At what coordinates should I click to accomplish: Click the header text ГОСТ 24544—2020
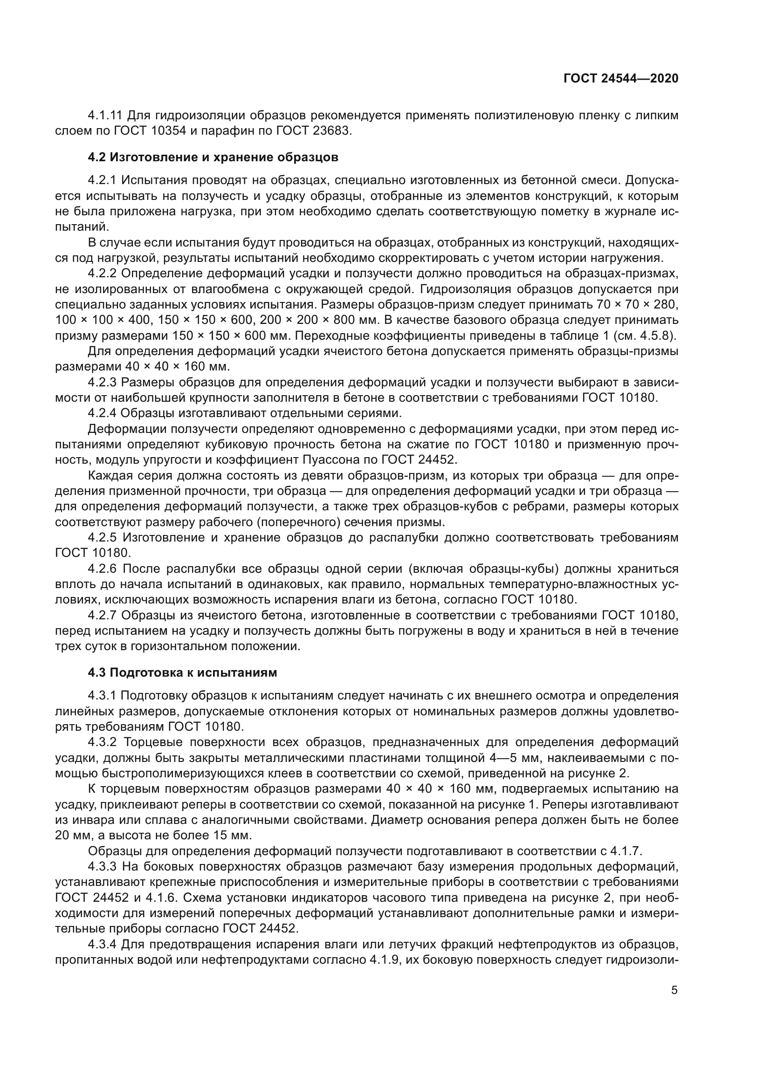(620, 79)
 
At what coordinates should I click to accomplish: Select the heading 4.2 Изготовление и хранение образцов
(213, 157)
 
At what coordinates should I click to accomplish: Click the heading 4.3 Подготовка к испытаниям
(182, 673)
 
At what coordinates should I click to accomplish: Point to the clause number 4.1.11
(105, 116)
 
